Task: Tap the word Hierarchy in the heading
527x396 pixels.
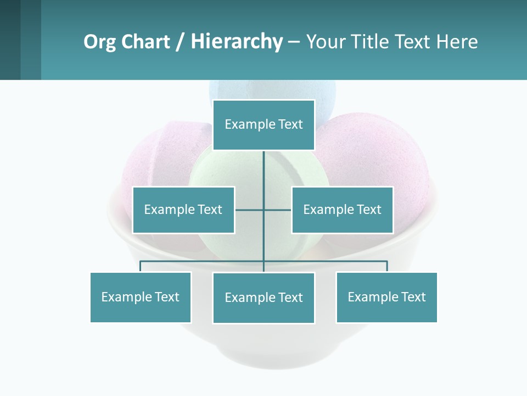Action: click(x=237, y=42)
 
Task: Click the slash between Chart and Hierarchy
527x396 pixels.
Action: click(x=180, y=42)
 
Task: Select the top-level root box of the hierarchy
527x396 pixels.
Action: click(x=263, y=125)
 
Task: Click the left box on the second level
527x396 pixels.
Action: click(x=183, y=210)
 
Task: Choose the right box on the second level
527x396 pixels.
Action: click(x=342, y=210)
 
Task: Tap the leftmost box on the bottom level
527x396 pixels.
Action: click(x=141, y=297)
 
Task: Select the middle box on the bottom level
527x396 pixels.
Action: click(x=263, y=298)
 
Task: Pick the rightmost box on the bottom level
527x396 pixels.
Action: click(x=386, y=297)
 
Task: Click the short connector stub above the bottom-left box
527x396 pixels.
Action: click(x=141, y=266)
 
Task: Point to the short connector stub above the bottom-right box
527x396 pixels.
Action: click(x=386, y=266)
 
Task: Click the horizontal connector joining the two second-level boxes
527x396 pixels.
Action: click(x=250, y=210)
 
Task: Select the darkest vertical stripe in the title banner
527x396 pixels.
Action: click(x=10, y=40)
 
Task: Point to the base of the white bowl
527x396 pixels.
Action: click(x=263, y=352)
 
